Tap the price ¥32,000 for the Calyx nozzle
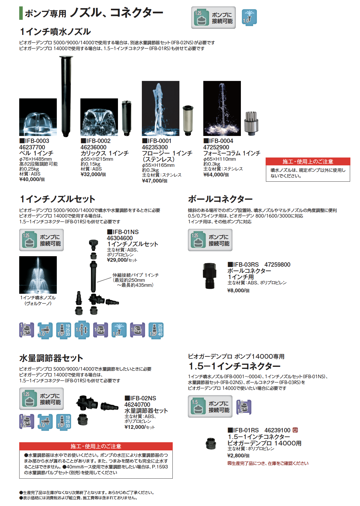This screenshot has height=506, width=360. (x=91, y=174)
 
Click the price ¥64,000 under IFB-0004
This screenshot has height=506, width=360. (x=213, y=175)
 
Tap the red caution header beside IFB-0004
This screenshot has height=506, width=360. (x=308, y=162)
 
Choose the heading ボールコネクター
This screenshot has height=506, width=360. (x=220, y=199)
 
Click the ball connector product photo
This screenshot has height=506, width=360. (x=210, y=275)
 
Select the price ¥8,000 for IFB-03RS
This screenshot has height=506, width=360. (x=236, y=291)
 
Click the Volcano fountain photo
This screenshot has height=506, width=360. (x=38, y=275)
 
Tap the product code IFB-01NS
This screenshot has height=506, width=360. (x=126, y=232)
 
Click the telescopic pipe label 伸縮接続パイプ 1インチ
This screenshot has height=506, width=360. (x=136, y=275)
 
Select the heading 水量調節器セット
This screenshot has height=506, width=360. (x=51, y=358)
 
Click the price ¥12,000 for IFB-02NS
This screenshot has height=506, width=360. (x=135, y=427)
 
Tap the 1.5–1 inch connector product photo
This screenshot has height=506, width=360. (x=211, y=443)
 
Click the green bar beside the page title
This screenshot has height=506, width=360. (x=21, y=13)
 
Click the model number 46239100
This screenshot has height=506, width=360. (x=277, y=430)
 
